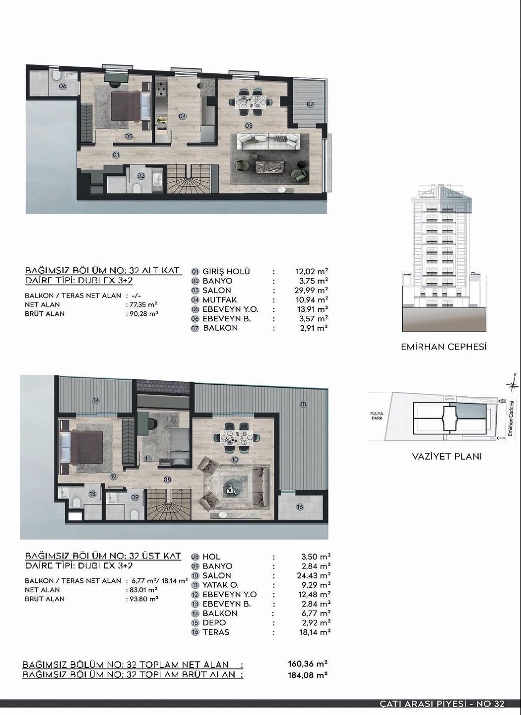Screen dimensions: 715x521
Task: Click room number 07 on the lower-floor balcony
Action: coord(310,104)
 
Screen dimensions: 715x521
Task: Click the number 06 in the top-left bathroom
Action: coord(63,86)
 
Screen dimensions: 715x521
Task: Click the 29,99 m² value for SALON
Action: coord(311,290)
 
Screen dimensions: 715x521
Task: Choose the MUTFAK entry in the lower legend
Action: coord(220,300)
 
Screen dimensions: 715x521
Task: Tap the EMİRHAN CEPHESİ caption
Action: coord(444,347)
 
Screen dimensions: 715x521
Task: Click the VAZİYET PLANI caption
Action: coord(447,456)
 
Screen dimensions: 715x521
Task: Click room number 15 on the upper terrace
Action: coord(303,404)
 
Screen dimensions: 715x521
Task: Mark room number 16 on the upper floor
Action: coord(300,507)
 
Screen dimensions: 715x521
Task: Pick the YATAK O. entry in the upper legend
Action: coord(220,585)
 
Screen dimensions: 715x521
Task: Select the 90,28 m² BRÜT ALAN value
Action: coord(143,314)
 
